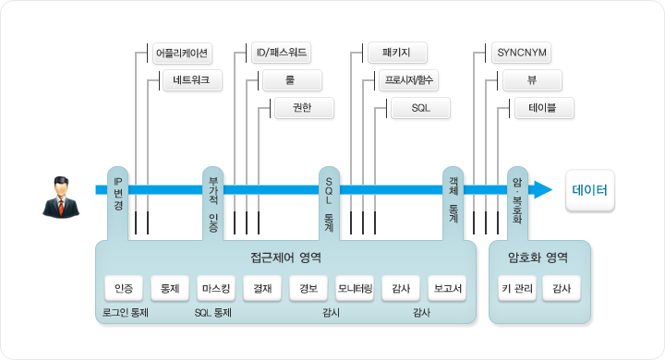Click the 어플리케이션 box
point(182,53)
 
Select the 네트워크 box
point(192,80)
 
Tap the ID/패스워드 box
point(281,53)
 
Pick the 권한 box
point(304,108)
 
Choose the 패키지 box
point(397,53)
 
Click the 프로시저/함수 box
point(409,80)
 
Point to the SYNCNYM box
point(521,53)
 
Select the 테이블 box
point(544,108)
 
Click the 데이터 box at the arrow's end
point(590,190)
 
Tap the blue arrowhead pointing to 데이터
point(542,189)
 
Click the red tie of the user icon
point(61,207)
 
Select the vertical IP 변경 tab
point(118,203)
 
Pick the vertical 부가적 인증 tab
point(213,203)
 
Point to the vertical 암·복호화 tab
point(517,203)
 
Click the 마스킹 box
point(216,288)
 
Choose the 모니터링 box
point(355,288)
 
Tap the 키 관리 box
point(517,288)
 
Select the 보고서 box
point(447,288)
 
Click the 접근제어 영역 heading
point(285,258)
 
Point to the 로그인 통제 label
point(125,313)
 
